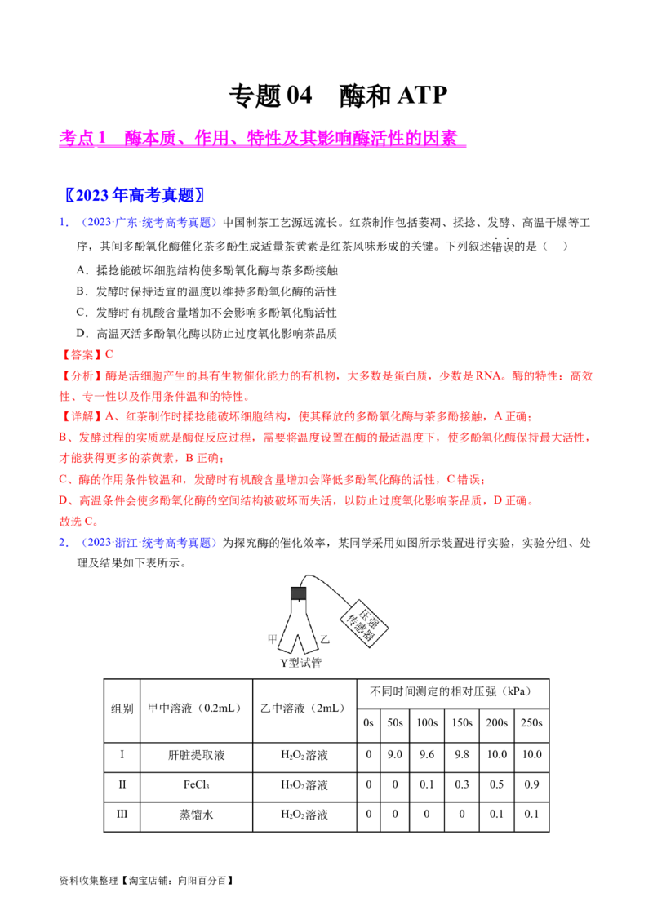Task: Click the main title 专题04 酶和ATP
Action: tap(338, 96)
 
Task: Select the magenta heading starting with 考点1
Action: tap(262, 139)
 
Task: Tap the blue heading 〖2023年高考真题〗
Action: tap(135, 195)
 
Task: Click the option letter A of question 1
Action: tap(82, 270)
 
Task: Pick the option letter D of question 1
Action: tap(82, 334)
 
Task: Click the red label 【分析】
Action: tap(82, 376)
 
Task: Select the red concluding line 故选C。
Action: tap(79, 522)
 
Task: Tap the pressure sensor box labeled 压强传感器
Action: tap(363, 624)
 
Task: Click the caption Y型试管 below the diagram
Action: tap(300, 663)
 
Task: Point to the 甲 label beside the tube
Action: tap(273, 639)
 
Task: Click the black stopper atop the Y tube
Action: tap(299, 593)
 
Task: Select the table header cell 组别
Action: tap(122, 709)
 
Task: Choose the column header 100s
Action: tap(427, 723)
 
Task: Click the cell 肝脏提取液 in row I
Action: tap(196, 755)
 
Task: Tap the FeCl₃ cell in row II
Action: tap(196, 785)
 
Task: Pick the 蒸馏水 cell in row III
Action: tap(196, 815)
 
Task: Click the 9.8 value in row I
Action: tap(462, 755)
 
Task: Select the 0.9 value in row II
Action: tap(531, 785)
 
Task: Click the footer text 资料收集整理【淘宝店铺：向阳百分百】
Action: tap(147, 881)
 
